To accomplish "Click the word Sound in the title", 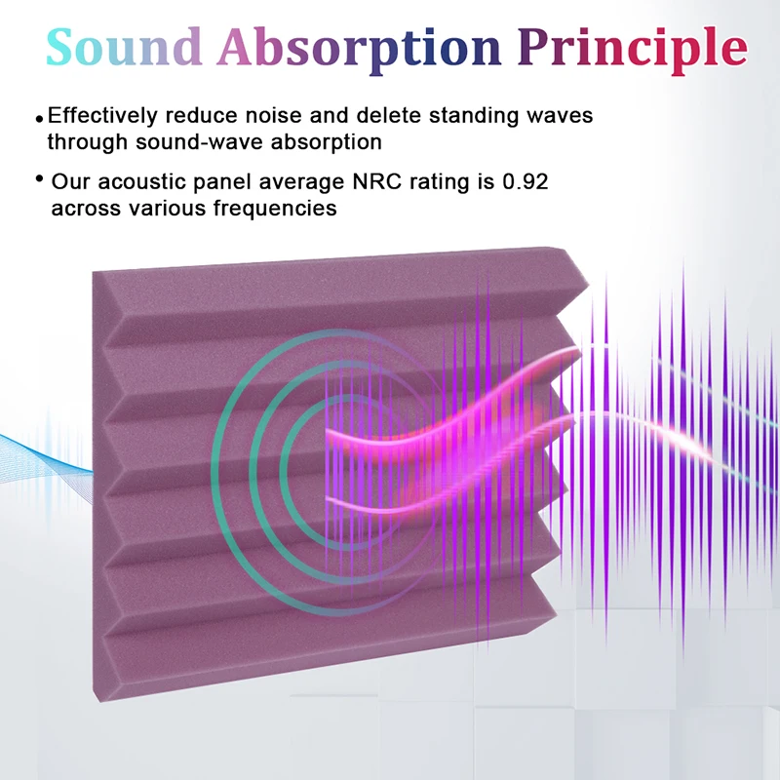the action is point(124,47).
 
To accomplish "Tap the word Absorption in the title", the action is point(359,51).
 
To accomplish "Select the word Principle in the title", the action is point(633,51).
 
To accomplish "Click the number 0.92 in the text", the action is point(526,181).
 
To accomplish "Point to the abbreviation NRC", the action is point(376,181).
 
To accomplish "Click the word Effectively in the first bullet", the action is point(102,115).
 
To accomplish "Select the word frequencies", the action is point(275,209).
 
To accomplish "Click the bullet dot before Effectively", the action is point(40,119).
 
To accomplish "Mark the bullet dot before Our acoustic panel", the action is point(40,178).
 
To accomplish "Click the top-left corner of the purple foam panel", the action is point(93,272).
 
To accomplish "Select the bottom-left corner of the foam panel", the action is point(95,700).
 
